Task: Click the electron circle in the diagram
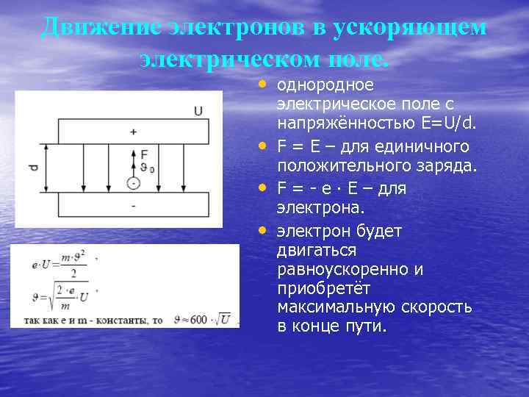133,182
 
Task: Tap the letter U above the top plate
198,111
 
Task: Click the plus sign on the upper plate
133,132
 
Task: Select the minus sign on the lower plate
133,207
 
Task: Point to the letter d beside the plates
33,168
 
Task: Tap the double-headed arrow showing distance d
46,168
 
